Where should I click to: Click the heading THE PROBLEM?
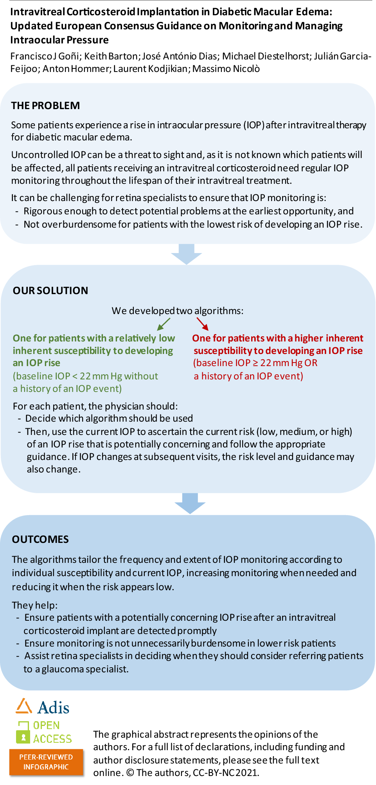click(x=45, y=106)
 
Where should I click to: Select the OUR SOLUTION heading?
click(x=50, y=291)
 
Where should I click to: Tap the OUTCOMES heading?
click(x=40, y=539)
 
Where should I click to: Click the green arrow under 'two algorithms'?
click(x=164, y=324)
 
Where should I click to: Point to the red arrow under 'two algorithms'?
click(x=202, y=324)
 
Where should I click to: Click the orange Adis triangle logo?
click(x=23, y=706)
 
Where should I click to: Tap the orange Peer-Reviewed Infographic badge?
click(x=46, y=762)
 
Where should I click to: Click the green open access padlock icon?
click(x=23, y=733)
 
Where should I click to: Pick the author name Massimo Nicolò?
click(x=226, y=69)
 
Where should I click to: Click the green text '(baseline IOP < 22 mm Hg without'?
click(x=85, y=376)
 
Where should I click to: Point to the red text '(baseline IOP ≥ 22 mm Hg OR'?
click(x=255, y=363)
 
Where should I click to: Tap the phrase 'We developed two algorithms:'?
click(x=178, y=311)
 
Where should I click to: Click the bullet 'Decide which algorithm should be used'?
click(x=109, y=419)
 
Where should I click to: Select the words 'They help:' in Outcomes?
click(x=35, y=605)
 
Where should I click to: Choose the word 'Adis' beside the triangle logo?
click(x=54, y=708)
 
